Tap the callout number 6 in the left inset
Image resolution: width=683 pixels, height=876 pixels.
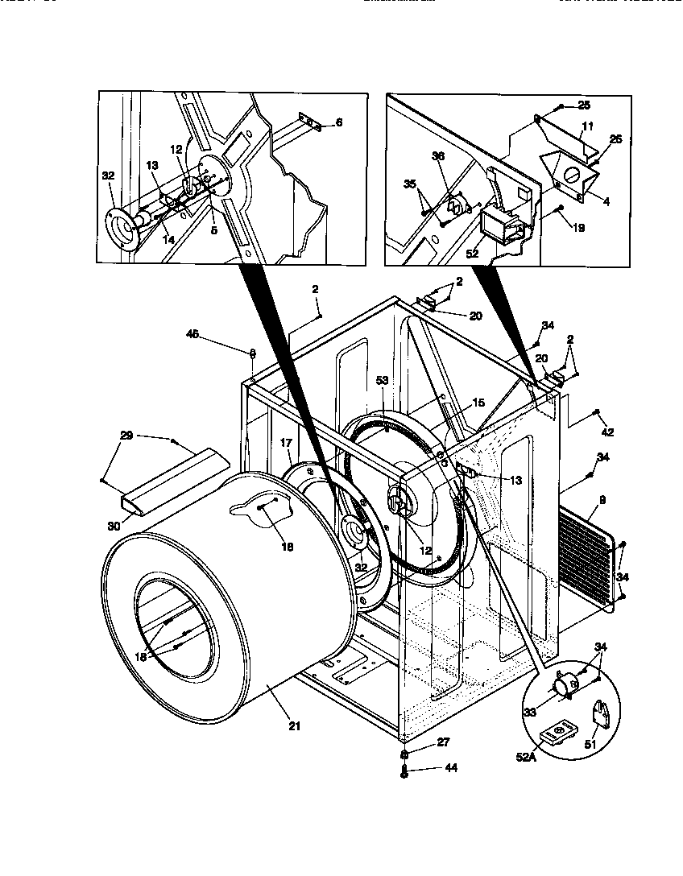pos(339,122)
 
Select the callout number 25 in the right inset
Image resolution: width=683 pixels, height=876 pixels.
pos(584,106)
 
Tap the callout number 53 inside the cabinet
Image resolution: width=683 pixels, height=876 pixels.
pos(382,381)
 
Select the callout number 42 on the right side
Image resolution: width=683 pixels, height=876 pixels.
pos(607,432)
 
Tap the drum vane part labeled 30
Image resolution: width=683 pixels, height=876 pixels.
pos(169,483)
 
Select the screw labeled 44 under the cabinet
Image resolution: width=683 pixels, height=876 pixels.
pos(404,771)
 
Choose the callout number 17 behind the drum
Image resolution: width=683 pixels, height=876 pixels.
pos(285,443)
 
